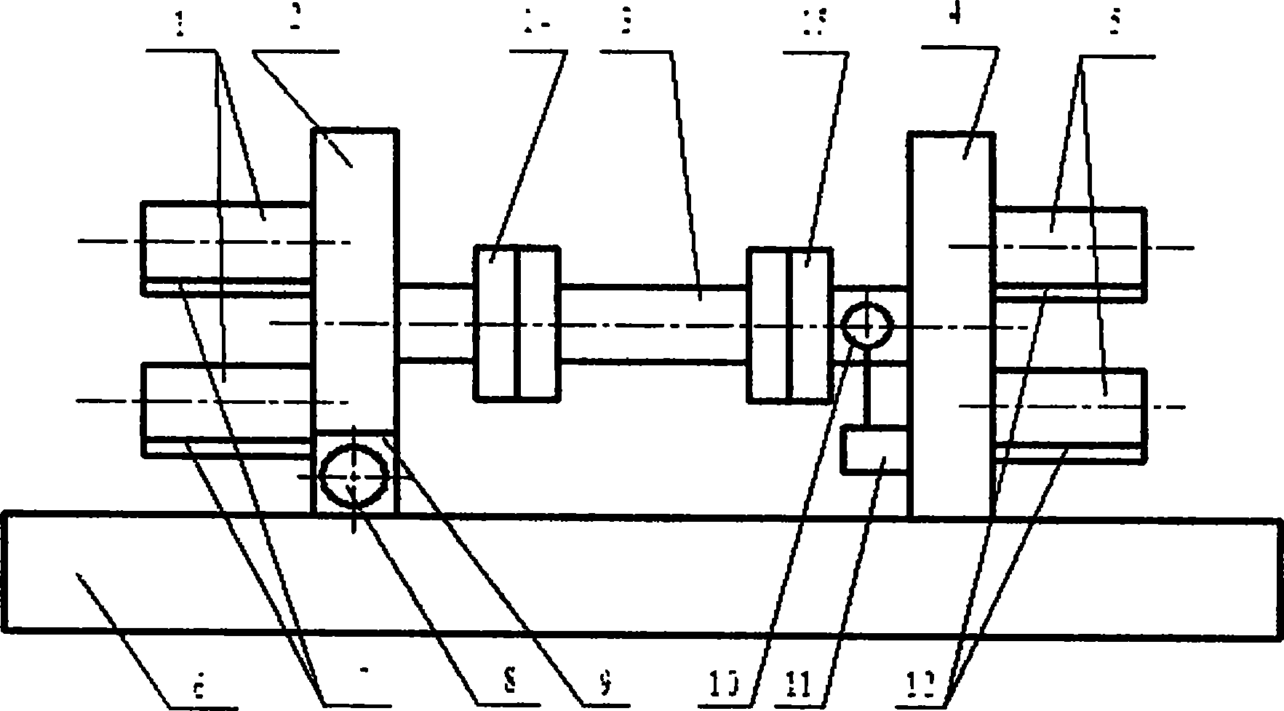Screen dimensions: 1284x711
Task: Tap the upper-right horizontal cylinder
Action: click(x=1069, y=247)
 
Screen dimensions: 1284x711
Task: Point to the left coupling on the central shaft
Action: click(x=517, y=323)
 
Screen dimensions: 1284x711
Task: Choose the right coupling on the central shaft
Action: click(x=789, y=324)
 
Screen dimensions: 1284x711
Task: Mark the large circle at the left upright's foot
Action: click(x=354, y=476)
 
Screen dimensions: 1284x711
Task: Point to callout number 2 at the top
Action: click(x=294, y=19)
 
